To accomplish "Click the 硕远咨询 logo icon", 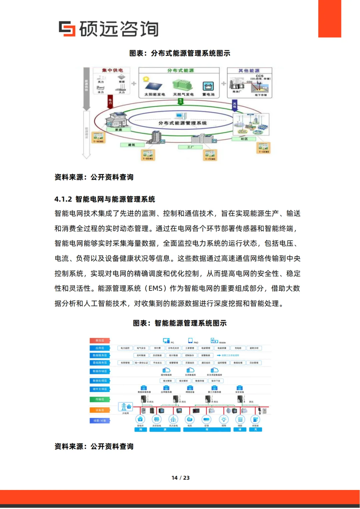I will tap(67, 29).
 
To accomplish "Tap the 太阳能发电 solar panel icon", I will tap(154, 85).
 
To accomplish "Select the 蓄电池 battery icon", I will tap(208, 86).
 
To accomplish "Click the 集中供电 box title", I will tap(112, 70).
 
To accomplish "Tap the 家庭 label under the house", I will tap(118, 130).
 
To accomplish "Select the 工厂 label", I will tap(190, 147).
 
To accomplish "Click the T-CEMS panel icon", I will tap(263, 147).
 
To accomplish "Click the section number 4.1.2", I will tap(63, 199).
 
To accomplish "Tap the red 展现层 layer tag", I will tap(100, 340).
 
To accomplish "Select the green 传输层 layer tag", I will tap(100, 399).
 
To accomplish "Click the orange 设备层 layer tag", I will tap(100, 410).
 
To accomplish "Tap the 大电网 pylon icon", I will tap(125, 407).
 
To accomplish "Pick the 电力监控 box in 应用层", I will tap(125, 348).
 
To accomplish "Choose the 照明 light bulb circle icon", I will tap(224, 419).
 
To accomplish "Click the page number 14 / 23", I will tap(180, 478).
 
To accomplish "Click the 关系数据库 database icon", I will tap(190, 370).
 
